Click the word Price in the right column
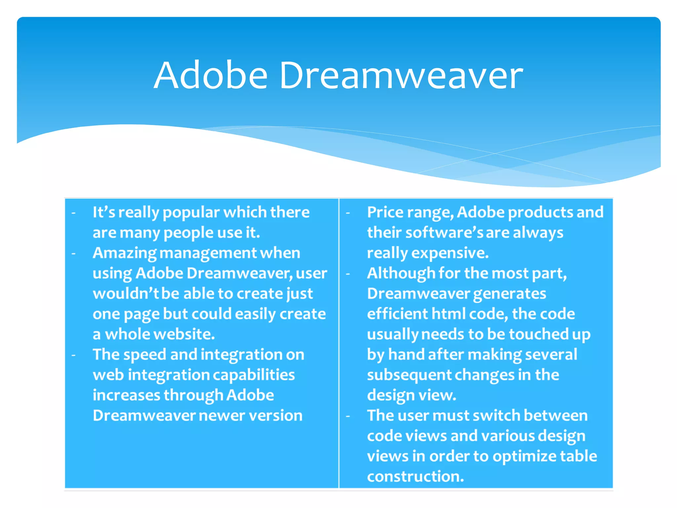(x=385, y=212)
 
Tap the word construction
(x=416, y=477)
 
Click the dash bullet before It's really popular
(x=73, y=213)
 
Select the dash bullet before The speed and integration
(x=73, y=355)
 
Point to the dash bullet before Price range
(x=348, y=213)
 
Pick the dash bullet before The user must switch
(x=348, y=416)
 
